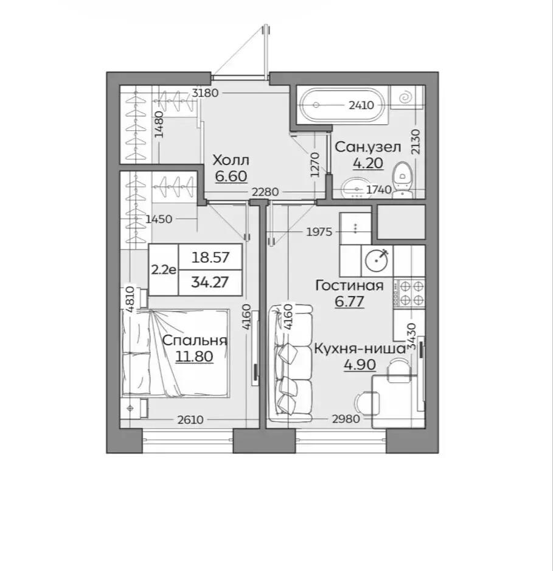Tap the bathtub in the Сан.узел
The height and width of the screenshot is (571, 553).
click(342, 105)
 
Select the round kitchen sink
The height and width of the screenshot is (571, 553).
click(377, 260)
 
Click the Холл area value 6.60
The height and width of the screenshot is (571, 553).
click(231, 177)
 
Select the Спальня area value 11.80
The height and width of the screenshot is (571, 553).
click(194, 356)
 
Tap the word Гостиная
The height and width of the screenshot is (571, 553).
click(349, 285)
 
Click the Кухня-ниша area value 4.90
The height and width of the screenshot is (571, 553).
click(360, 364)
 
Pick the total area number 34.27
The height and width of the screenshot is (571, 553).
click(210, 282)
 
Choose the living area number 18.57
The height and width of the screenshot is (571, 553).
click(210, 257)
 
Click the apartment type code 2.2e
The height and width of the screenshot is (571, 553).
click(164, 270)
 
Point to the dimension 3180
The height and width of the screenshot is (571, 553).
click(205, 93)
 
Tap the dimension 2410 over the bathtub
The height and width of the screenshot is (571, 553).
click(361, 105)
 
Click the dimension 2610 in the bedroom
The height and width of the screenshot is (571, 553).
click(190, 420)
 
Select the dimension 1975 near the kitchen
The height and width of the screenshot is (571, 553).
click(319, 231)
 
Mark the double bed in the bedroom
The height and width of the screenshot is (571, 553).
click(176, 352)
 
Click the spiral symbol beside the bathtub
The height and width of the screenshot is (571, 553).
click(405, 97)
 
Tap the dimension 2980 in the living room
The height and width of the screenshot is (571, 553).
click(346, 419)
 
